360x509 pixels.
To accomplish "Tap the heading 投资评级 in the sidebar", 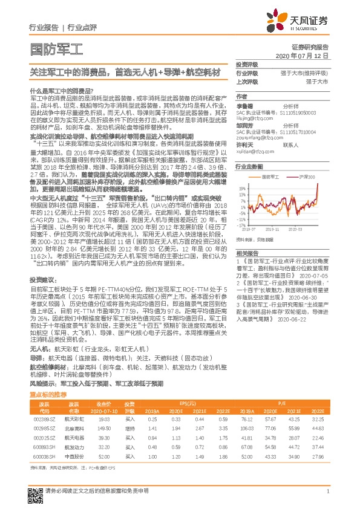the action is tap(247, 64).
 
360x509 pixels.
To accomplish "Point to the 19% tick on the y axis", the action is tap(241, 187).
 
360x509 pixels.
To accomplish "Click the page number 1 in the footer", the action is tap(328, 491).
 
